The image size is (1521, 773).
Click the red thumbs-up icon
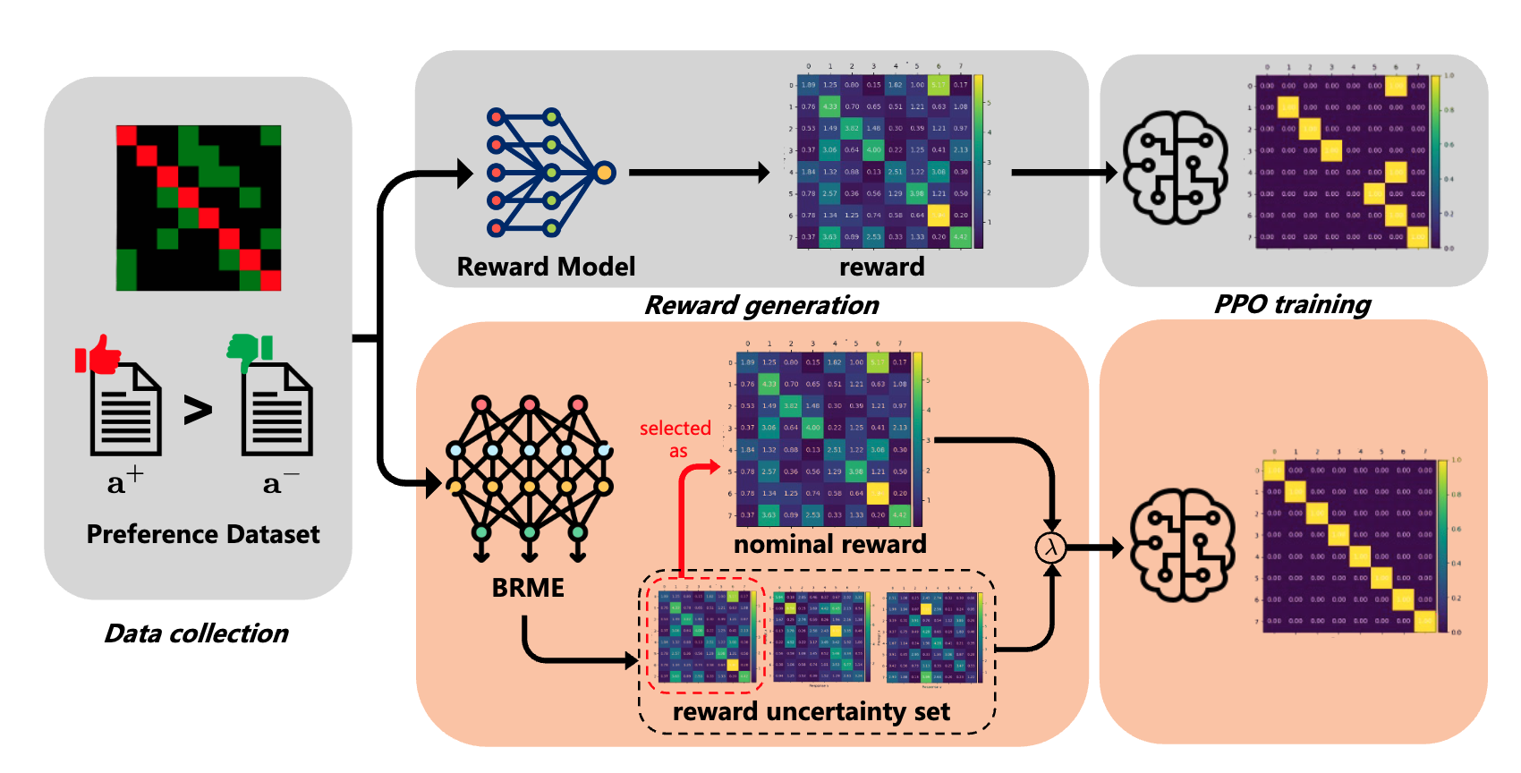98,354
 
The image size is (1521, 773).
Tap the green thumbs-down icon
250,352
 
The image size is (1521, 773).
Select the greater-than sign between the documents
198,410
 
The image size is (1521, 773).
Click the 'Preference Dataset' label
203,534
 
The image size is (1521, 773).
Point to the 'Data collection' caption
196,633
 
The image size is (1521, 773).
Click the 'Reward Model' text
546,267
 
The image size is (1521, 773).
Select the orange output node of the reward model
605,172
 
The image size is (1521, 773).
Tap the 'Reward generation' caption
761,305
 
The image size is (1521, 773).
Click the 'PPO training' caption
1292,304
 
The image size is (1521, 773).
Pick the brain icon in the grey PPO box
1175,167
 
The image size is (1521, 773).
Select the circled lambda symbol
1051,547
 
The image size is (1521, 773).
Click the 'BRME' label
528,588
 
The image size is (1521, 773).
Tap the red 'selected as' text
676,439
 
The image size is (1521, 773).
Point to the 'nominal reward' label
829,544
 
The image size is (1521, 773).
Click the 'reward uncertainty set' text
811,711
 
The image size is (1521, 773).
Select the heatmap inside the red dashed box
704,635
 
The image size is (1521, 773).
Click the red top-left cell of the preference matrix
126,135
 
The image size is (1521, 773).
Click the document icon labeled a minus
277,409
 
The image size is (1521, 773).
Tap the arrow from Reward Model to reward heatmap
698,172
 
